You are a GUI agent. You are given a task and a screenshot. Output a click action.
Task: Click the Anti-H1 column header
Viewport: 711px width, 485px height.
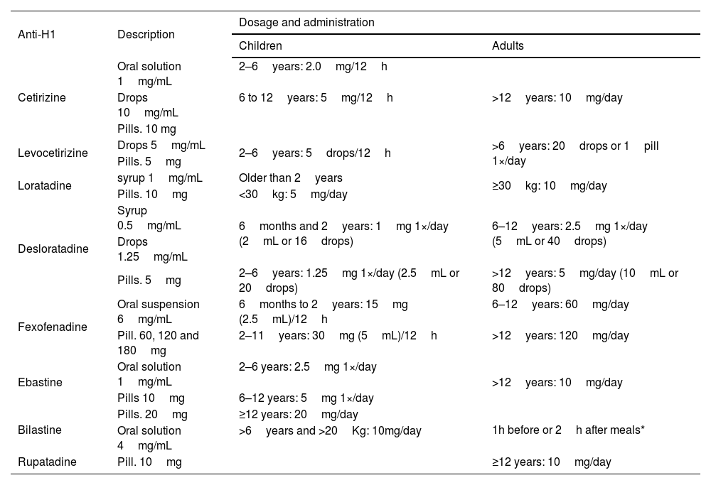pyautogui.click(x=36, y=34)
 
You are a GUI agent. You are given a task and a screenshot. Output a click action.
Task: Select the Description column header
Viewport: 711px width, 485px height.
pyautogui.click(x=146, y=34)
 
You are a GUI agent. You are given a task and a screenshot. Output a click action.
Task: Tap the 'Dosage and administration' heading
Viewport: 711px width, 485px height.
pyautogui.click(x=306, y=23)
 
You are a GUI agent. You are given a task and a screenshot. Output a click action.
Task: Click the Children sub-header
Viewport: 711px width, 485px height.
pyautogui.click(x=260, y=45)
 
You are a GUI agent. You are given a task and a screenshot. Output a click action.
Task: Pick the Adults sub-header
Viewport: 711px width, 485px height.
pyautogui.click(x=508, y=45)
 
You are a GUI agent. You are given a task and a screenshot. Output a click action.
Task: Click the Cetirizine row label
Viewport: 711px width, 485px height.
pyautogui.click(x=42, y=98)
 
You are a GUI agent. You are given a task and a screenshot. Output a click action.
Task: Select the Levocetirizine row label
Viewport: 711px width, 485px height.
pyautogui.click(x=53, y=153)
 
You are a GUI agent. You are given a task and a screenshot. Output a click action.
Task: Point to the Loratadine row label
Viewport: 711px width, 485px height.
pyautogui.click(x=44, y=185)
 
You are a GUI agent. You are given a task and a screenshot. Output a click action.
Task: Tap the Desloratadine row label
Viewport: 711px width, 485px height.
pyautogui.click(x=53, y=249)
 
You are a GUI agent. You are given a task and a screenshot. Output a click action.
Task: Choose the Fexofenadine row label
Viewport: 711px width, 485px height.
pyautogui.click(x=52, y=327)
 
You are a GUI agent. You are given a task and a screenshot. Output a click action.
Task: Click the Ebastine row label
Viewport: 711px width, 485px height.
pyautogui.click(x=40, y=382)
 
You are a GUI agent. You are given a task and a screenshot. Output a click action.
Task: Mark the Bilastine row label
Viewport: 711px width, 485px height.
pyautogui.click(x=39, y=430)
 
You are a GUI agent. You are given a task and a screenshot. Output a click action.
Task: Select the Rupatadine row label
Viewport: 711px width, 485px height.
pyautogui.click(x=47, y=462)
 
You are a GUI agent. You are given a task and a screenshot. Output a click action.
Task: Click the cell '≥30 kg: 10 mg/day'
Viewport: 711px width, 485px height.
pyautogui.click(x=549, y=185)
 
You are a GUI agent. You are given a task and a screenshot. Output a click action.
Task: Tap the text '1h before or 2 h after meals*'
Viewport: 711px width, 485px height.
pyautogui.click(x=568, y=430)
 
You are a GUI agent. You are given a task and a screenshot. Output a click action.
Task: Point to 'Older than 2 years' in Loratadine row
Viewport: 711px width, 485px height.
pyautogui.click(x=291, y=178)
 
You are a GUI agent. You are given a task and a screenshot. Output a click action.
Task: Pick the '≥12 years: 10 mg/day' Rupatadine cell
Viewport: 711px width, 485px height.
pyautogui.click(x=552, y=462)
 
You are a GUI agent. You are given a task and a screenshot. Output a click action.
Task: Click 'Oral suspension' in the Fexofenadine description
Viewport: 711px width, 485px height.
pyautogui.click(x=159, y=305)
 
